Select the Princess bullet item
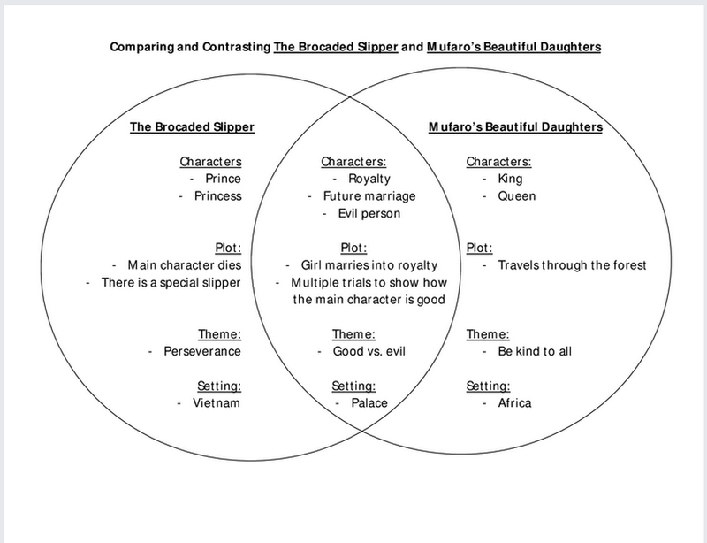(x=217, y=195)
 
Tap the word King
(x=511, y=179)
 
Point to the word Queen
(x=516, y=195)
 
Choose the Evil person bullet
(x=369, y=213)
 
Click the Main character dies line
(x=184, y=264)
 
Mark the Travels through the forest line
(x=572, y=264)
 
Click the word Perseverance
(x=201, y=351)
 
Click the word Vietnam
(x=217, y=403)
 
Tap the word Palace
(x=367, y=403)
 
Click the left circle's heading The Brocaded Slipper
(x=193, y=127)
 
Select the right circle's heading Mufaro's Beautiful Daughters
(x=516, y=127)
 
